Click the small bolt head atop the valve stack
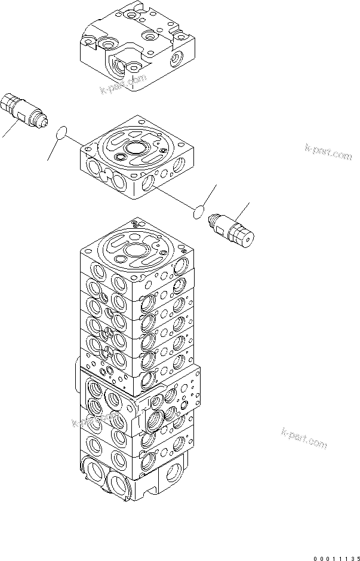click(x=136, y=224)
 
